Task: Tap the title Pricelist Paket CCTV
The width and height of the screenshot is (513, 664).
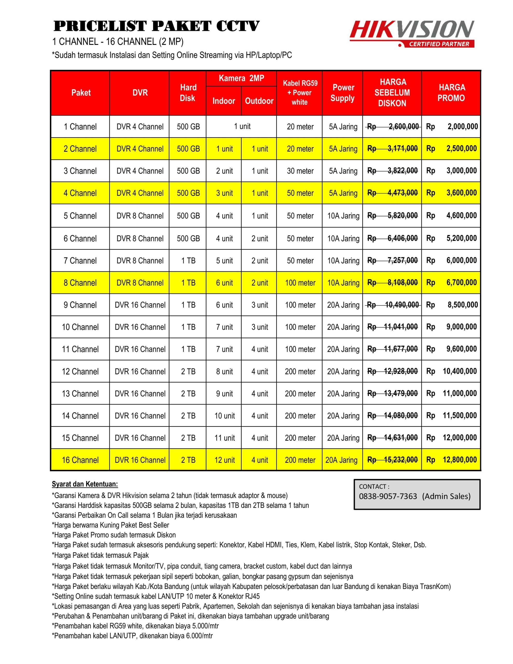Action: click(x=157, y=26)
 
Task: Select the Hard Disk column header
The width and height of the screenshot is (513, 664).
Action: click(x=188, y=93)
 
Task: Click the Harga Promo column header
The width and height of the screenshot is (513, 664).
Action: click(x=451, y=93)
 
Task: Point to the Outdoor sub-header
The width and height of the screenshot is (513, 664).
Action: click(x=259, y=101)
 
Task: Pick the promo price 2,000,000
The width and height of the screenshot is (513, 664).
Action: click(x=462, y=127)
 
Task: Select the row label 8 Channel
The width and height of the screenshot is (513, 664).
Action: click(x=80, y=283)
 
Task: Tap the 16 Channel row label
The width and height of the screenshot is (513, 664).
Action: click(x=80, y=460)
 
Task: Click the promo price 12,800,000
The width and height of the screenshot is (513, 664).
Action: click(x=460, y=460)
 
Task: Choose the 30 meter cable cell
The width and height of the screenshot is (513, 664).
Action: click(x=300, y=171)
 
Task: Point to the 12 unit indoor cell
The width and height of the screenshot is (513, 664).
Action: click(x=225, y=460)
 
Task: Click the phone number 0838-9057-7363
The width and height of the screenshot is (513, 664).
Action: click(x=388, y=496)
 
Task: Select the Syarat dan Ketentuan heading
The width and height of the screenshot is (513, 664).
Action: click(x=85, y=484)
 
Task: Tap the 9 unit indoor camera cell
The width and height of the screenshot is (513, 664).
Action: click(x=224, y=394)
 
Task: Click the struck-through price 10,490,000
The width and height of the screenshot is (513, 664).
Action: click(x=401, y=305)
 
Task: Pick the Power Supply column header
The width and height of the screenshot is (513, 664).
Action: click(x=343, y=93)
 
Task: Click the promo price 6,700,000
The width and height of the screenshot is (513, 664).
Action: click(x=461, y=283)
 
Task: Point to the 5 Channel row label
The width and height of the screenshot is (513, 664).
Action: click(x=80, y=216)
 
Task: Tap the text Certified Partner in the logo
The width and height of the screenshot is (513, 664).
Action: click(x=439, y=44)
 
